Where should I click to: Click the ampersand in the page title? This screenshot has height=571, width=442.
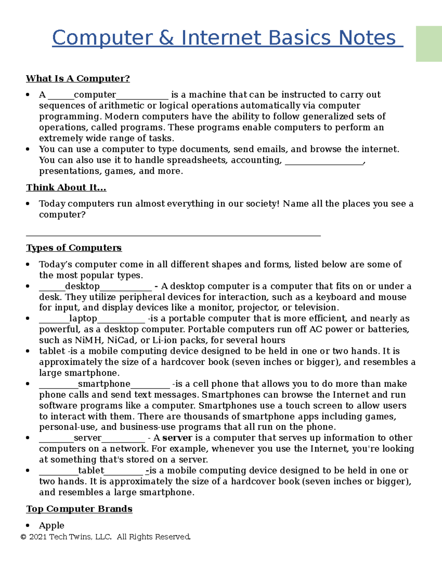click(166, 38)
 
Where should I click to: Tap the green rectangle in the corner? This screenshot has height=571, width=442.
click(429, 44)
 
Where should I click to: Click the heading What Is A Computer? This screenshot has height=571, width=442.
click(78, 79)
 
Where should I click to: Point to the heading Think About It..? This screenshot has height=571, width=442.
click(66, 188)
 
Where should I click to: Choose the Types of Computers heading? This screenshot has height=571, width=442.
click(74, 248)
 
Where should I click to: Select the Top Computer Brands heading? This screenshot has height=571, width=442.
click(79, 509)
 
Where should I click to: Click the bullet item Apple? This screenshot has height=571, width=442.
click(52, 525)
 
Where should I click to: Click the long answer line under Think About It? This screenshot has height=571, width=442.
click(173, 235)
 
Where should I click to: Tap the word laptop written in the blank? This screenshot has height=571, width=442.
click(83, 318)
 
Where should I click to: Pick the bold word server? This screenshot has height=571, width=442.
click(177, 438)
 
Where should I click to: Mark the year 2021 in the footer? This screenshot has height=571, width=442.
click(38, 537)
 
